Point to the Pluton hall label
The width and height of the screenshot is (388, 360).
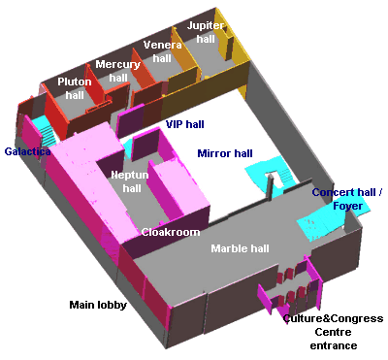point(75,88)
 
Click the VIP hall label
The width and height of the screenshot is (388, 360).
point(184,124)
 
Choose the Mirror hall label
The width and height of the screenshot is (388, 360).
point(224,153)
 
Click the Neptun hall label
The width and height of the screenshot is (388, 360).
point(129,180)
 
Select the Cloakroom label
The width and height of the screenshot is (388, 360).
point(171,232)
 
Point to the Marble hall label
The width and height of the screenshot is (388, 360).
point(240,248)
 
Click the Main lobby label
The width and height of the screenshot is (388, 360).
point(98,305)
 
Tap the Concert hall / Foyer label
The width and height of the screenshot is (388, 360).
point(346,198)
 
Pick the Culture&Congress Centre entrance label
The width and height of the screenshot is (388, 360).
point(332,332)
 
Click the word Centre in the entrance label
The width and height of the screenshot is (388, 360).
point(333,332)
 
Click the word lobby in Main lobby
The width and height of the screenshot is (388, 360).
point(112,305)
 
